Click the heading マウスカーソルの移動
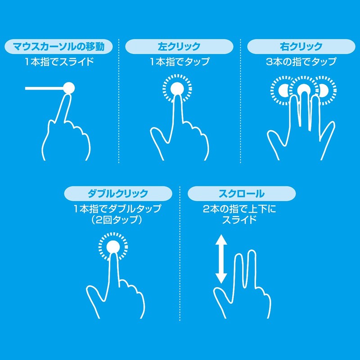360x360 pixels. [59, 46]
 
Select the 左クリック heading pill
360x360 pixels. [179, 46]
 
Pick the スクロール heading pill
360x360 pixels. [242, 194]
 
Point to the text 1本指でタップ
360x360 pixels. [180, 62]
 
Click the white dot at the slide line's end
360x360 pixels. [68, 88]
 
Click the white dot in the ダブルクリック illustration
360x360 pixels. [113, 247]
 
